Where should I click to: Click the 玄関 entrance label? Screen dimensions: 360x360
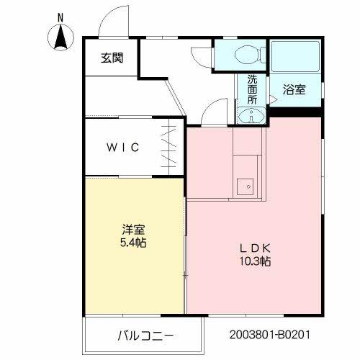pyautogui.click(x=111, y=58)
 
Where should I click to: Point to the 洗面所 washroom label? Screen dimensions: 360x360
pyautogui.click(x=253, y=90)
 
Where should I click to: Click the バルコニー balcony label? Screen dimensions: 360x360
pyautogui.click(x=147, y=336)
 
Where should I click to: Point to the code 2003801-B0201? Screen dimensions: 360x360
pyautogui.click(x=271, y=336)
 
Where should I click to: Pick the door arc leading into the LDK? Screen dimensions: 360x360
pyautogui.click(x=213, y=112)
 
